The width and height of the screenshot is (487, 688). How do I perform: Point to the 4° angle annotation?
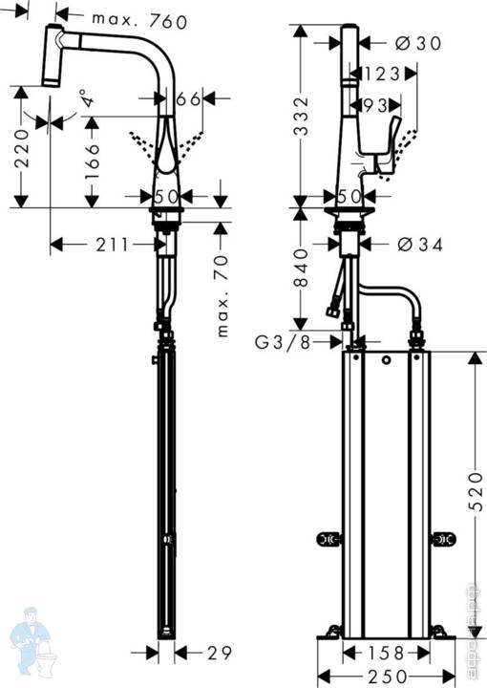[x=88, y=100]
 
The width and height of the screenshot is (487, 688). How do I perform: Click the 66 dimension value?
[x=187, y=98]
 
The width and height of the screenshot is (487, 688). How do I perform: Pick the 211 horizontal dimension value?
[x=112, y=245]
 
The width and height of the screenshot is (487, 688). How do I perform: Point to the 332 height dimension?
[x=303, y=115]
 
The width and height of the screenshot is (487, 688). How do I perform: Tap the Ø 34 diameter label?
[x=419, y=245]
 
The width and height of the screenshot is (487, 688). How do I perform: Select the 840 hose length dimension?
[x=303, y=269]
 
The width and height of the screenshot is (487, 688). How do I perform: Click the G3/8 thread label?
[x=286, y=341]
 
